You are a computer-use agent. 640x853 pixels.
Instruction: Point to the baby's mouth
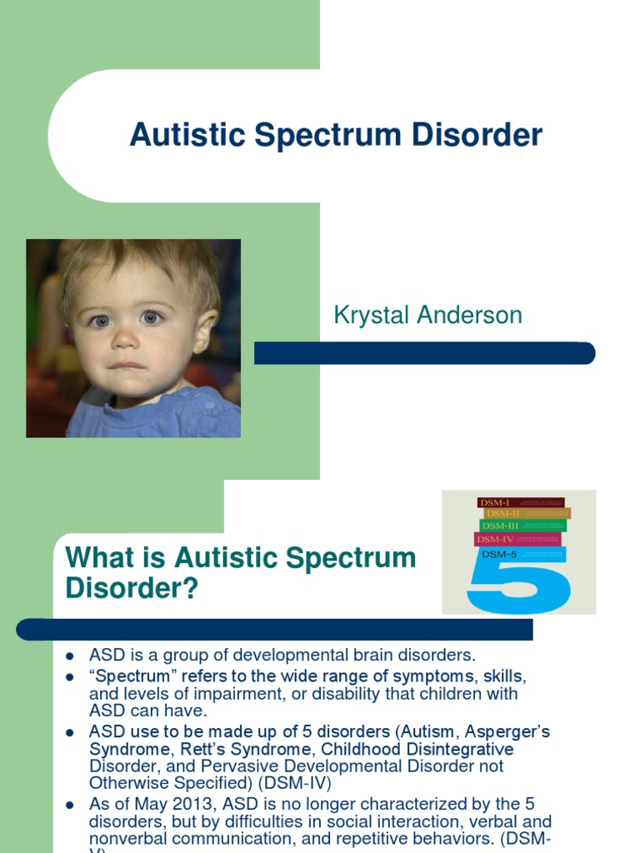[127, 364]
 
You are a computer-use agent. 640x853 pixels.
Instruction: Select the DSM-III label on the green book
[500, 526]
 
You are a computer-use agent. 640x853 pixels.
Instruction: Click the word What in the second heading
[97, 558]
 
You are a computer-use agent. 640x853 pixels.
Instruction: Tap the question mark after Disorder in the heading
[192, 589]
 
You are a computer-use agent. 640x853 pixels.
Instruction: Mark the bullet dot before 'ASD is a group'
[71, 656]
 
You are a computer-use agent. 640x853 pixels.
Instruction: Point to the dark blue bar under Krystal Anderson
[424, 353]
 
